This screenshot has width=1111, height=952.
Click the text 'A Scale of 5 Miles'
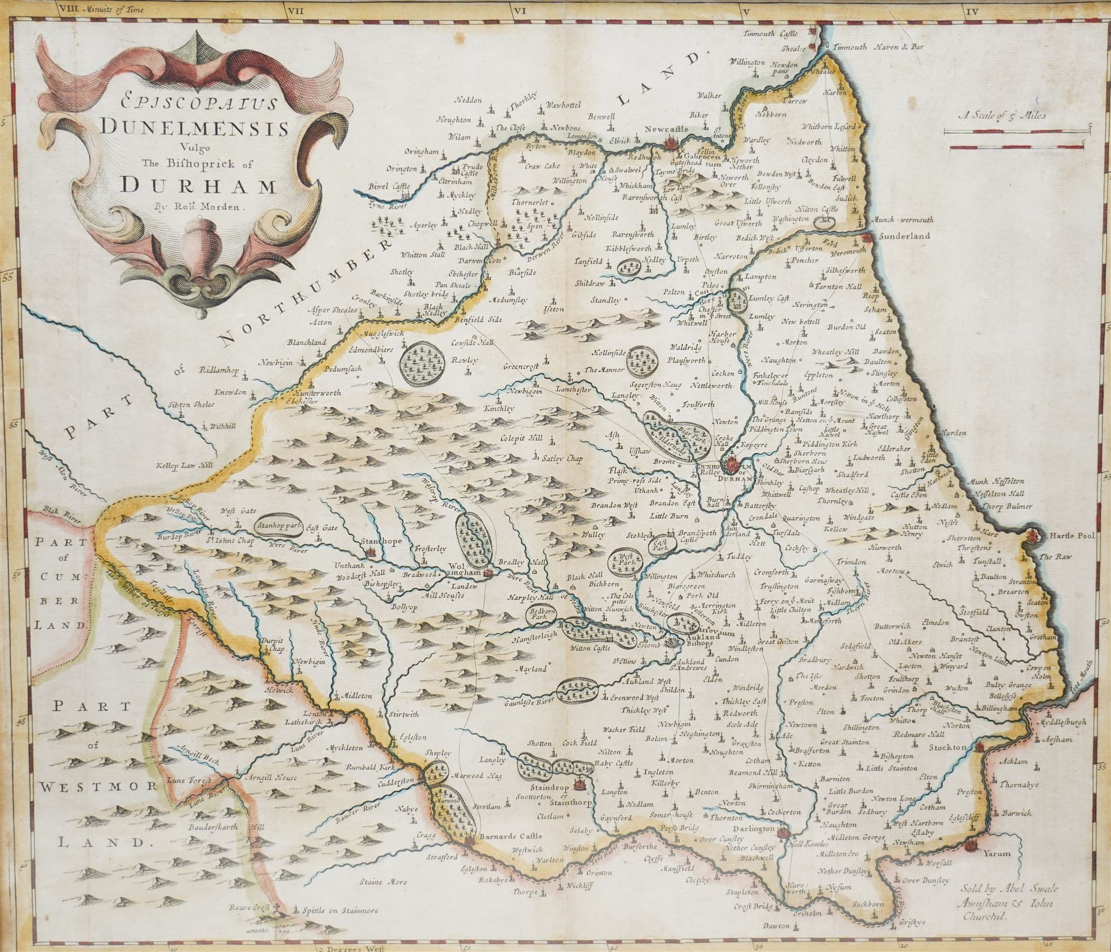1002,115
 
